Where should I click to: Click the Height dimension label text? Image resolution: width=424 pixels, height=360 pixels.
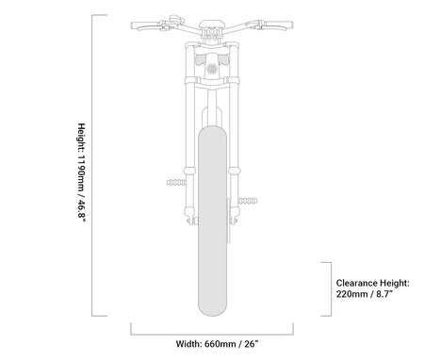tap(81, 173)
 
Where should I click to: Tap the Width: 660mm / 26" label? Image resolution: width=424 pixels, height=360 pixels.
tap(217, 344)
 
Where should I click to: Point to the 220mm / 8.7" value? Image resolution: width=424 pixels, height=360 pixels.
tap(365, 294)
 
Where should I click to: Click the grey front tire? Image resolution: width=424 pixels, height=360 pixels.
tap(212, 221)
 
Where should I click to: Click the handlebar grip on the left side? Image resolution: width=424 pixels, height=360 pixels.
tap(146, 25)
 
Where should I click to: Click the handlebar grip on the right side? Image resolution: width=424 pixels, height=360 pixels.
tap(278, 25)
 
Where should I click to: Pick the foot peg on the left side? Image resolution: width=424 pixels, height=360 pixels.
tap(176, 182)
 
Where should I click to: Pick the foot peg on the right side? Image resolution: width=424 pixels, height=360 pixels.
tap(248, 201)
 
